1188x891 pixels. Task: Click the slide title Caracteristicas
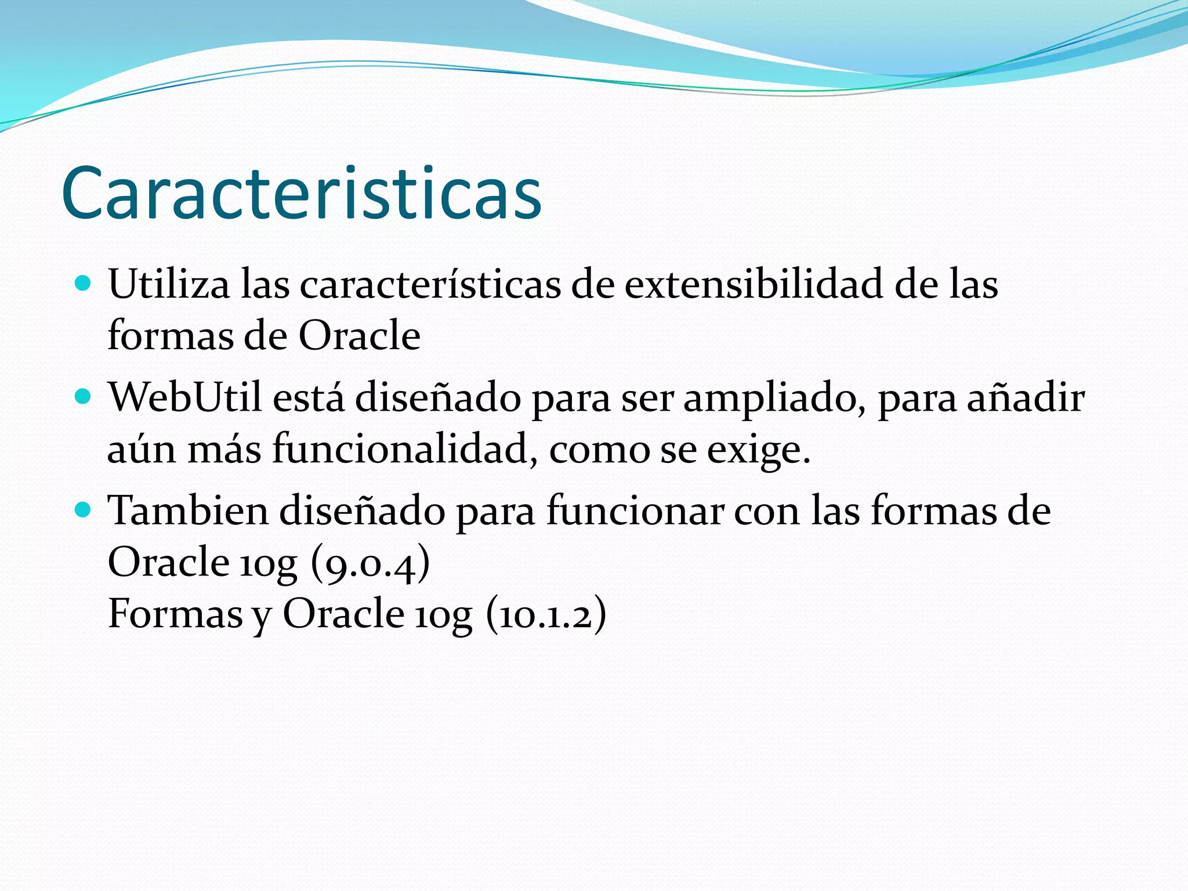301,193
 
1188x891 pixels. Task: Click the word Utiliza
168,284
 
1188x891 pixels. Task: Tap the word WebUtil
185,398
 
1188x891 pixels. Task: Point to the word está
308,398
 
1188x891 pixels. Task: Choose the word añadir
1026,398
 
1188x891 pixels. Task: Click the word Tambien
188,510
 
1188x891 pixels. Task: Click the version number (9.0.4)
370,563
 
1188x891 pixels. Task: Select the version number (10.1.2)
546,614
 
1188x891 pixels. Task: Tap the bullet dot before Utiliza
84,284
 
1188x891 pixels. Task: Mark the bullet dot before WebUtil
84,397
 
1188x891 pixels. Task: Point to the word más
224,449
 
